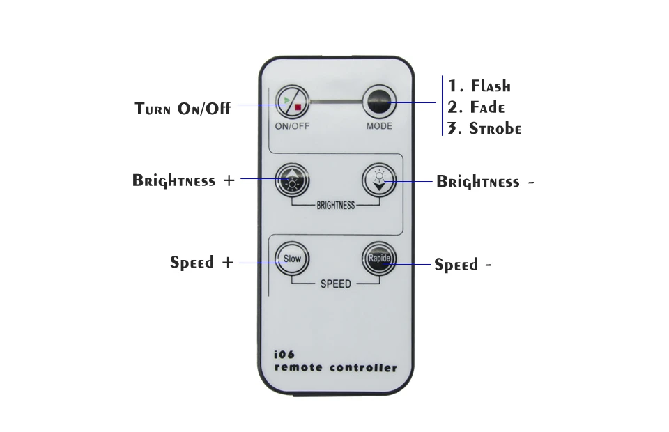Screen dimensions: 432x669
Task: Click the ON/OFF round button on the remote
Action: (x=292, y=103)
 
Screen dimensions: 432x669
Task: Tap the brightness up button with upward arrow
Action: (x=292, y=180)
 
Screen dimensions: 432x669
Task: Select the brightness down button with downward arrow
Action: (x=379, y=180)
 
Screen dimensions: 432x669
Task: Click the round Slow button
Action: (x=292, y=259)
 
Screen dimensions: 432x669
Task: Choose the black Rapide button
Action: (x=379, y=259)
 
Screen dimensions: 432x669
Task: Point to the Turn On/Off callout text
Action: (x=183, y=109)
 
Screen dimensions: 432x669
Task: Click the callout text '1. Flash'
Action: (x=479, y=86)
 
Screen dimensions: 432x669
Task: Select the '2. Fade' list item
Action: (x=476, y=107)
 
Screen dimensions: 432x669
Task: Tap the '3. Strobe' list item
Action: (x=484, y=129)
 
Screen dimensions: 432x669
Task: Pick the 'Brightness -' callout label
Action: (x=486, y=183)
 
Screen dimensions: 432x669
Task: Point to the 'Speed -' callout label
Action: (x=463, y=265)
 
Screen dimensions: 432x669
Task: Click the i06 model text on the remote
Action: (x=285, y=354)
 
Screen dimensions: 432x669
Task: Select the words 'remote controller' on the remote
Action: (x=336, y=367)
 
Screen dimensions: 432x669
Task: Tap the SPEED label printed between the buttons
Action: (x=335, y=284)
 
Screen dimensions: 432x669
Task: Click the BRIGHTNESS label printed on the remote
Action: (x=335, y=206)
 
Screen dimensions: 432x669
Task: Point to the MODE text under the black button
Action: (x=379, y=126)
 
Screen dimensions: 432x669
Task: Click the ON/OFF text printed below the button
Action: (x=292, y=126)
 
